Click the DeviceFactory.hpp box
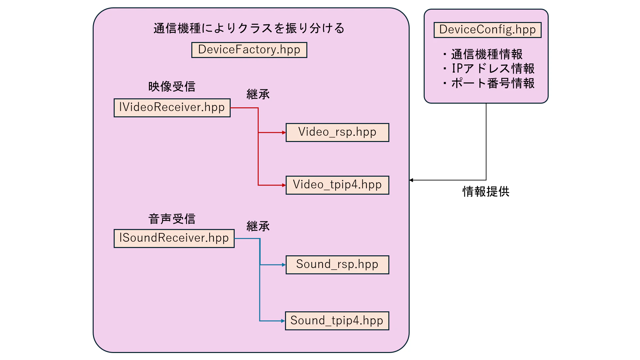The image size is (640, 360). tap(249, 50)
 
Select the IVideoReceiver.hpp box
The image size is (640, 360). tap(172, 108)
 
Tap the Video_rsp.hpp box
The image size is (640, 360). tap(337, 132)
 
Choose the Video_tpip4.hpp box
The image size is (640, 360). tap(337, 185)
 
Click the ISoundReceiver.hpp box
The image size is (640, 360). tap(174, 238)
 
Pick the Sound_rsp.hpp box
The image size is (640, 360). tap(337, 265)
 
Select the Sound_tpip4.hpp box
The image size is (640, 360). tap(337, 321)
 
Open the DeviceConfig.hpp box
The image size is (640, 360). tap(487, 30)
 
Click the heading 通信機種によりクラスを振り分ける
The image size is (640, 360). tap(249, 28)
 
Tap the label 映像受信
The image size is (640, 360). tap(172, 87)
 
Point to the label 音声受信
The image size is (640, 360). tap(172, 219)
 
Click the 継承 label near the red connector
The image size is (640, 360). tap(258, 94)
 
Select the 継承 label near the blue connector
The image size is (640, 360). tap(258, 226)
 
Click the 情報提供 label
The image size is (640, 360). tap(486, 192)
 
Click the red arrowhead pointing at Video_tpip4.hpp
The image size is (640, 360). tap(284, 185)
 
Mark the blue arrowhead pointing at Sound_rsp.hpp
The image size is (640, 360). tap(284, 265)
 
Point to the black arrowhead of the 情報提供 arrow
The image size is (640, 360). tap(411, 180)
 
